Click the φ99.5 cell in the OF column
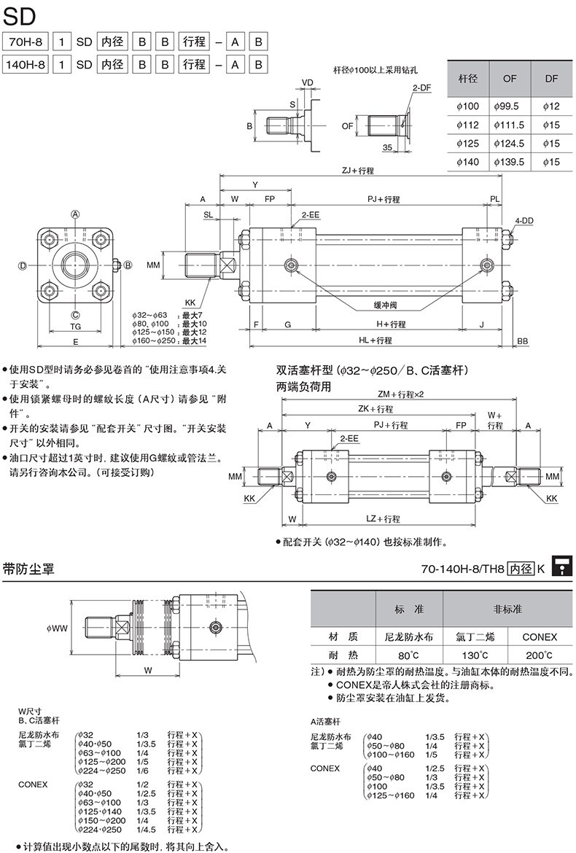(509, 106)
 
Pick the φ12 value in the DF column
(551, 106)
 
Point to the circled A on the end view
(74, 214)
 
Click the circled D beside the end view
(23, 265)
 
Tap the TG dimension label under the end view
(75, 327)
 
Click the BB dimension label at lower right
(523, 340)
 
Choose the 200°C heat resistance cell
(540, 655)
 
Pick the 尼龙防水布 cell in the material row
(408, 636)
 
